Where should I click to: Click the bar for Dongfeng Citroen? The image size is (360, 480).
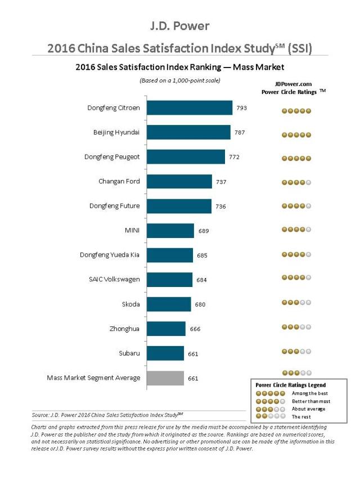[x=190, y=107]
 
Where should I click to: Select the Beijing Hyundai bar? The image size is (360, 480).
[x=188, y=132]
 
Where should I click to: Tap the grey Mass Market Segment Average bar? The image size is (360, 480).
[x=165, y=378]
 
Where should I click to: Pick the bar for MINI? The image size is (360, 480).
[x=170, y=230]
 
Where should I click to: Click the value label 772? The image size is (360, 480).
[x=234, y=157]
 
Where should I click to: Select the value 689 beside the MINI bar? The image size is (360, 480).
[x=203, y=231]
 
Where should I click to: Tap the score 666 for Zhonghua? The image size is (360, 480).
[x=195, y=329]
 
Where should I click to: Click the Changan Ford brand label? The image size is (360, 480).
[x=119, y=181]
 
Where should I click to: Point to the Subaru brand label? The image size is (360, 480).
[x=129, y=353]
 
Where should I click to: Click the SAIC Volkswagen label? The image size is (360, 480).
[x=114, y=280]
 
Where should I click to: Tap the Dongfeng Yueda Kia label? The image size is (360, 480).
[x=110, y=255]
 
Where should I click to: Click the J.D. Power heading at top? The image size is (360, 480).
[x=179, y=26]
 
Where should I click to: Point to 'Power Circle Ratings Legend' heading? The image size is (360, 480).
[x=290, y=385]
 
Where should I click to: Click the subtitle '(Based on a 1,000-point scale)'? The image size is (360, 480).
[x=179, y=80]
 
